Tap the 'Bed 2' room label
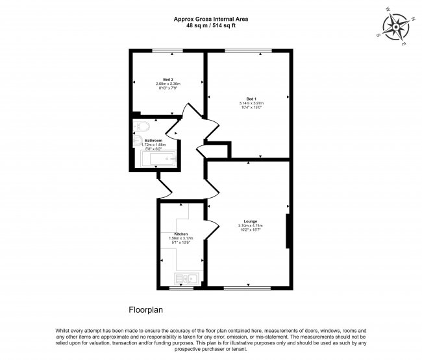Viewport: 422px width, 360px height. click(x=168, y=79)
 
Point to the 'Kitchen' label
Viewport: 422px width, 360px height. click(x=181, y=234)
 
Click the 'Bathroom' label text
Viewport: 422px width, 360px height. click(x=153, y=140)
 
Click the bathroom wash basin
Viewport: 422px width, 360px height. click(x=138, y=142)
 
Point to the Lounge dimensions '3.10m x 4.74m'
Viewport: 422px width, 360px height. click(x=250, y=226)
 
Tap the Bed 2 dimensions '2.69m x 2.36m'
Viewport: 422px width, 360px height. click(x=168, y=84)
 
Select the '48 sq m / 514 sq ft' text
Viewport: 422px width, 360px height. click(x=211, y=25)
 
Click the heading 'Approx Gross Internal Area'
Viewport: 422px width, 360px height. click(x=211, y=18)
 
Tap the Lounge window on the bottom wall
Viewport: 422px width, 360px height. click(x=247, y=287)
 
